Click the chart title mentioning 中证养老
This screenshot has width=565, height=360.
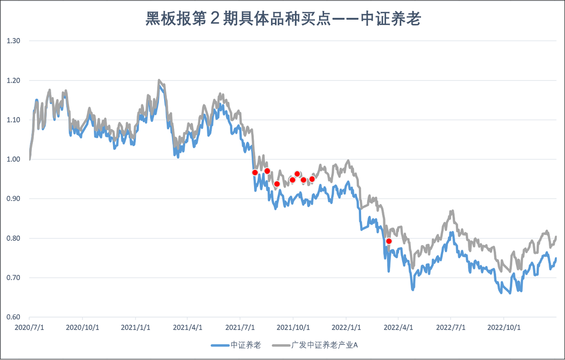(282, 19)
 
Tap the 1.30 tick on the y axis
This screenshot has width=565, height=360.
(14, 41)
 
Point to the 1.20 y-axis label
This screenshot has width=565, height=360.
(14, 80)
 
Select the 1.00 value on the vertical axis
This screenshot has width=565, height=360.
(14, 159)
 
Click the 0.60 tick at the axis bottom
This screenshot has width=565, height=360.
(14, 317)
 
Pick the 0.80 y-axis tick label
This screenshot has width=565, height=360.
(14, 239)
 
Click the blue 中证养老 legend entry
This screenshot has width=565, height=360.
(236, 345)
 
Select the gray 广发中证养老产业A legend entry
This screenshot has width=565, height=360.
(316, 345)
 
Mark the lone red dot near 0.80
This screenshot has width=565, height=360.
(389, 241)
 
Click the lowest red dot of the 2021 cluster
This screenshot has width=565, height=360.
(277, 184)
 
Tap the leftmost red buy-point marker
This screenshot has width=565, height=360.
(255, 172)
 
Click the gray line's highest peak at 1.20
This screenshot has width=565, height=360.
(159, 81)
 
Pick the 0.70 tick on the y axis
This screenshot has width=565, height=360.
(14, 278)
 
